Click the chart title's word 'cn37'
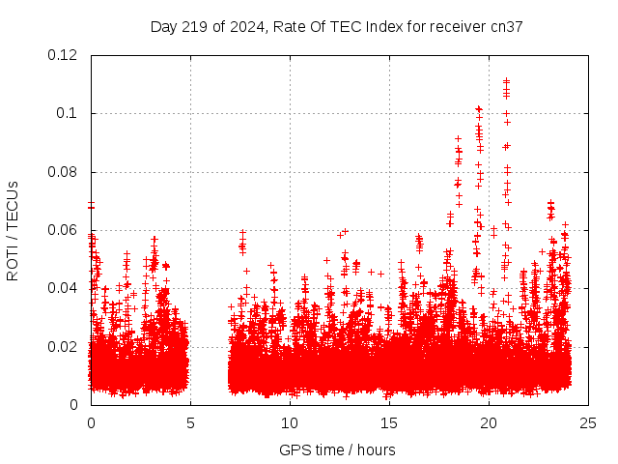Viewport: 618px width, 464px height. point(507,27)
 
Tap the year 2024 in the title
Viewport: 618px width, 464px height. point(246,27)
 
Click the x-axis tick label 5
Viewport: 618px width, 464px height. point(191,422)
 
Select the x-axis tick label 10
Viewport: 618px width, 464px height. point(291,422)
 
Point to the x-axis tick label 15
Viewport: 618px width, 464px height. point(390,422)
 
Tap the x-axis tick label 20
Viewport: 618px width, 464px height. point(490,422)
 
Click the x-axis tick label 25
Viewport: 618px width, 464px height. point(589,422)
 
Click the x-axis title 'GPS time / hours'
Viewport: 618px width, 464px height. point(337,449)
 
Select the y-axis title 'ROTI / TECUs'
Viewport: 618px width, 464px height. point(13,230)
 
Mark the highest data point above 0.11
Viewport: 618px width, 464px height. point(506,81)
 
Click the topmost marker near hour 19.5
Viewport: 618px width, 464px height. point(478,108)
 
